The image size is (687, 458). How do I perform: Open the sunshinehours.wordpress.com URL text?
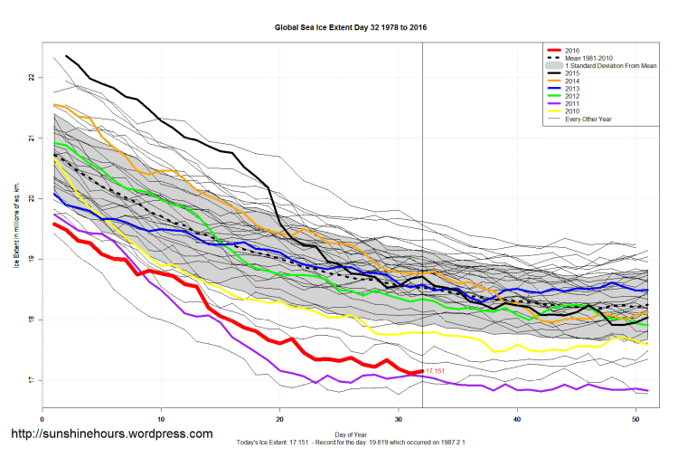click(x=110, y=434)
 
